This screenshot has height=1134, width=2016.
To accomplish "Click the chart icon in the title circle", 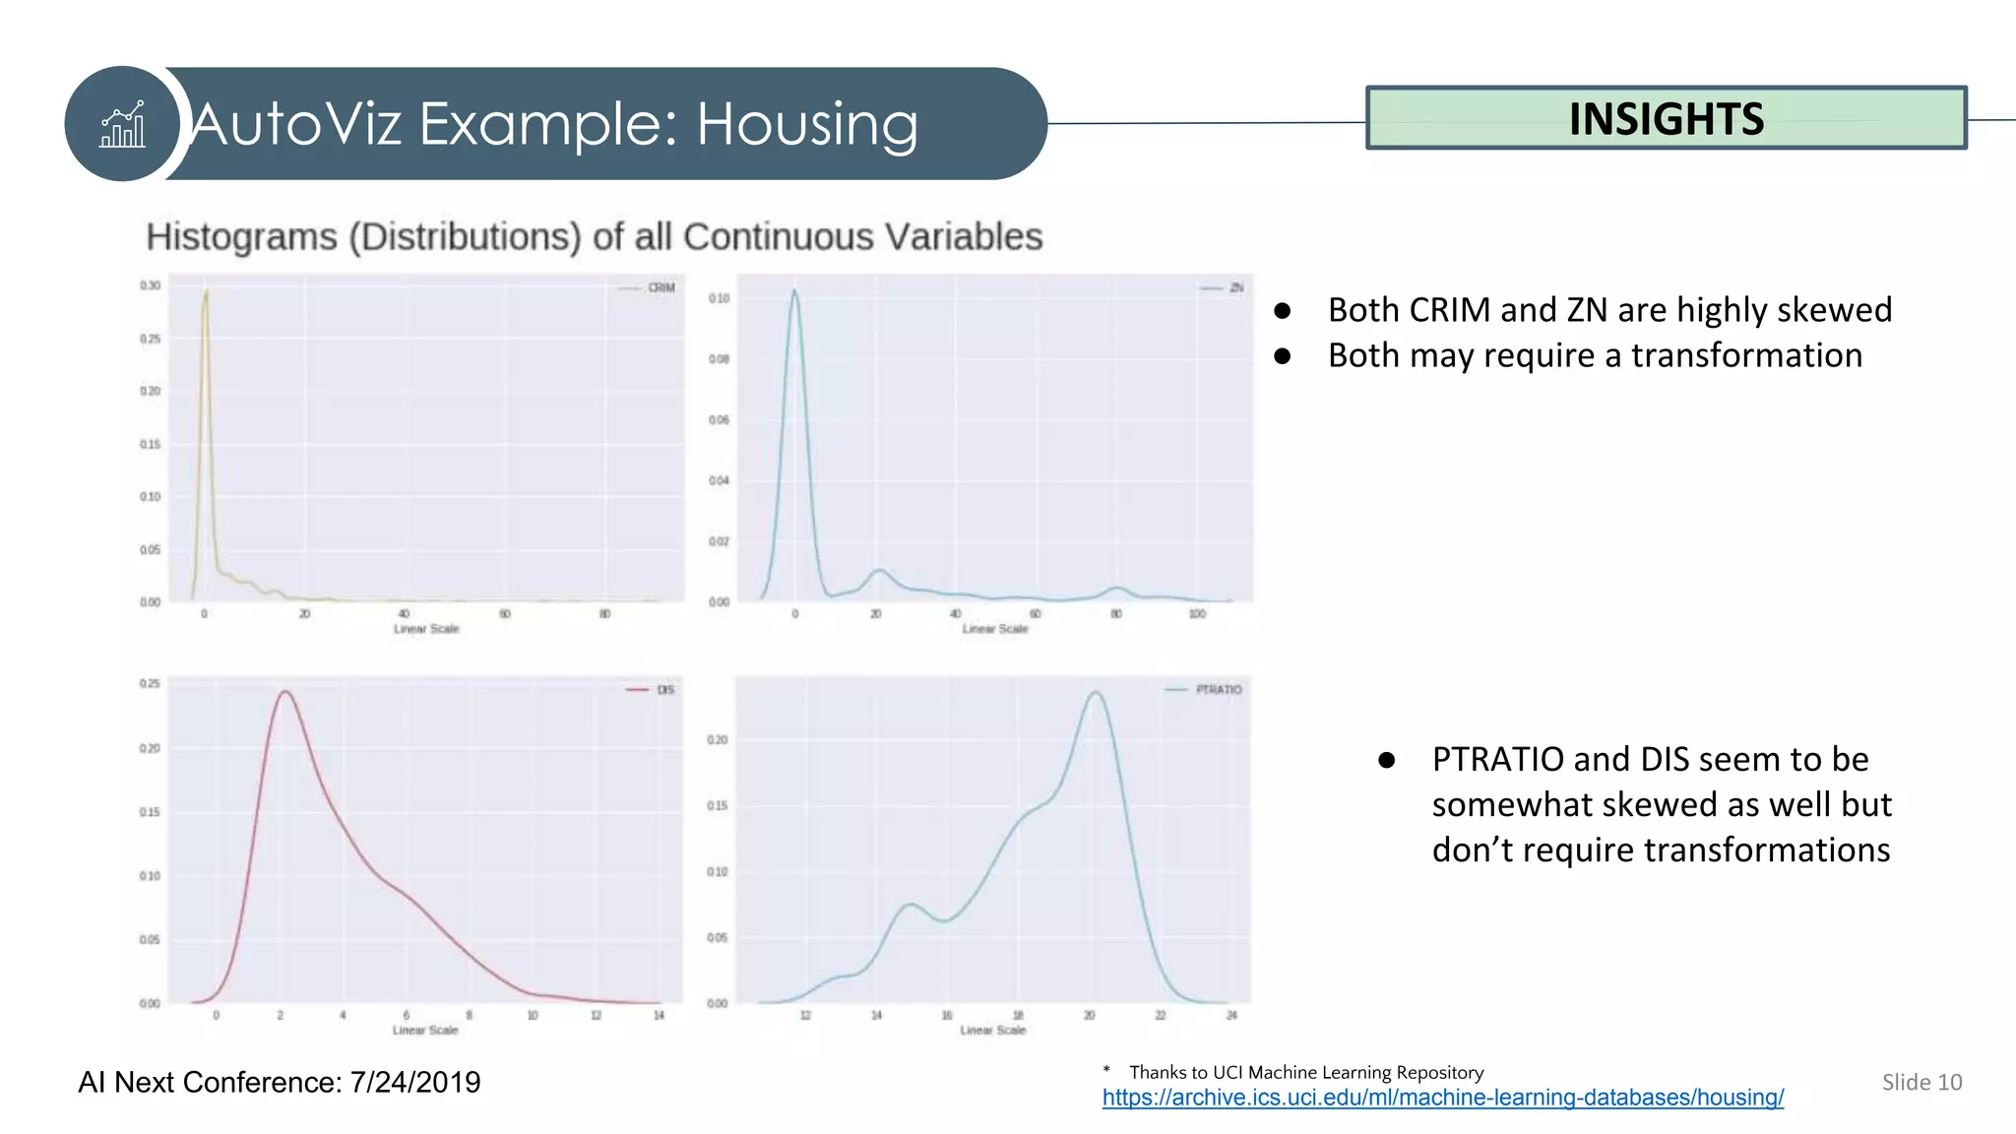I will pos(123,125).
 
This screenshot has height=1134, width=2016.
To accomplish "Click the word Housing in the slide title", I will pos(807,125).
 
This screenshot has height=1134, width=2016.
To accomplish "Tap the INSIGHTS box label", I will pos(1666,119).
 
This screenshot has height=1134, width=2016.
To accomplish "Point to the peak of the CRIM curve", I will pos(206,291).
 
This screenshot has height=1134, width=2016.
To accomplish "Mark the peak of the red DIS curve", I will pos(285,692).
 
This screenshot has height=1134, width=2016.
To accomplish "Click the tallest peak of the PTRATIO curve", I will pos(1096,693).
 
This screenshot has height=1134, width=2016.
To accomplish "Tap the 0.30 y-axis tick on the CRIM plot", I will pos(150,285).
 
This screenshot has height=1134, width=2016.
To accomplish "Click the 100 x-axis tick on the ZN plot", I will pos(1197,614).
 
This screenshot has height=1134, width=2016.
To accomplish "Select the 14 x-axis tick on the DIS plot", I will pos(659,1015).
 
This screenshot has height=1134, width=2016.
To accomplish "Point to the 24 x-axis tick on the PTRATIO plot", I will pos(1230,1015).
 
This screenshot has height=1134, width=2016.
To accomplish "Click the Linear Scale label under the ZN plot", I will pos(994,629).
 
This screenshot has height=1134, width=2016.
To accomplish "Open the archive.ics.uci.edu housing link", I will pos(1442,1098).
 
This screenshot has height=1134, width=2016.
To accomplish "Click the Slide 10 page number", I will pos(1921,1082).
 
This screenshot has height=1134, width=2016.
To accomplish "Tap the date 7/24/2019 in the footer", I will pos(414,1082).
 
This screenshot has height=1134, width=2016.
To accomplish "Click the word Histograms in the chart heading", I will pos(241,237).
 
